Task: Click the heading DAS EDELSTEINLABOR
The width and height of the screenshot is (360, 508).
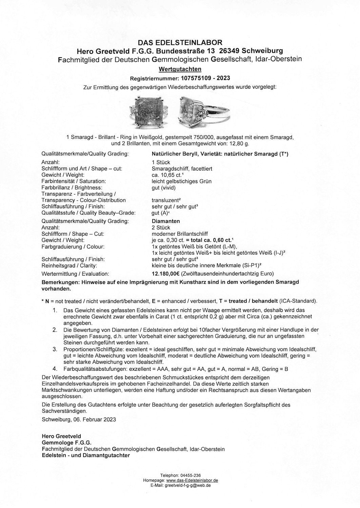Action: click(x=180, y=43)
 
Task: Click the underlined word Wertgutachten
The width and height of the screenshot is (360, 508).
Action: click(x=180, y=69)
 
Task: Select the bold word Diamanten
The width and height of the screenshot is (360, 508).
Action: click(x=166, y=221)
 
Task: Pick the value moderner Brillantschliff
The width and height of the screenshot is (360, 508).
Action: click(x=180, y=234)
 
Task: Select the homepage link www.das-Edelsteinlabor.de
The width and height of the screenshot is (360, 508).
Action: click(x=192, y=480)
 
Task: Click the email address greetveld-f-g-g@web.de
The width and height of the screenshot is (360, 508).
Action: click(x=187, y=485)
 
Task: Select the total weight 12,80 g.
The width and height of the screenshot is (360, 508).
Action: click(x=240, y=144)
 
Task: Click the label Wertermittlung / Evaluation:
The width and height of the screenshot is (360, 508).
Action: click(x=75, y=274)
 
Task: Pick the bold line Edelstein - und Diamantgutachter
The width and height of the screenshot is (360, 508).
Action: click(x=86, y=456)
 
